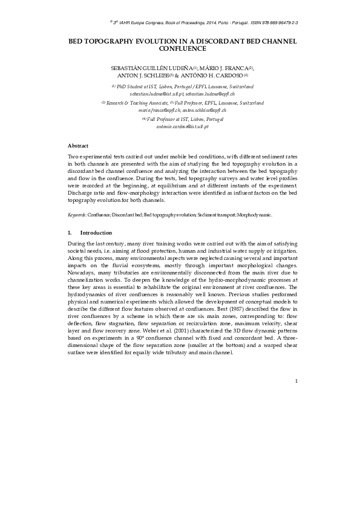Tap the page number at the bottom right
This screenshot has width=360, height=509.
coord(297,381)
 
